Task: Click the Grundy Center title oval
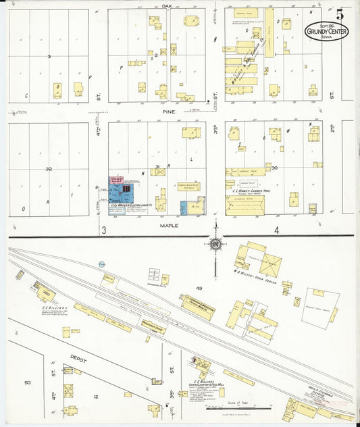click(326, 30)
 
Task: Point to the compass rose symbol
click(215, 244)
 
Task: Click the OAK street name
click(168, 5)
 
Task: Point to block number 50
click(28, 382)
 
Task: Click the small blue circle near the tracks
click(101, 263)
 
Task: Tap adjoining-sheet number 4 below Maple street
click(276, 230)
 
